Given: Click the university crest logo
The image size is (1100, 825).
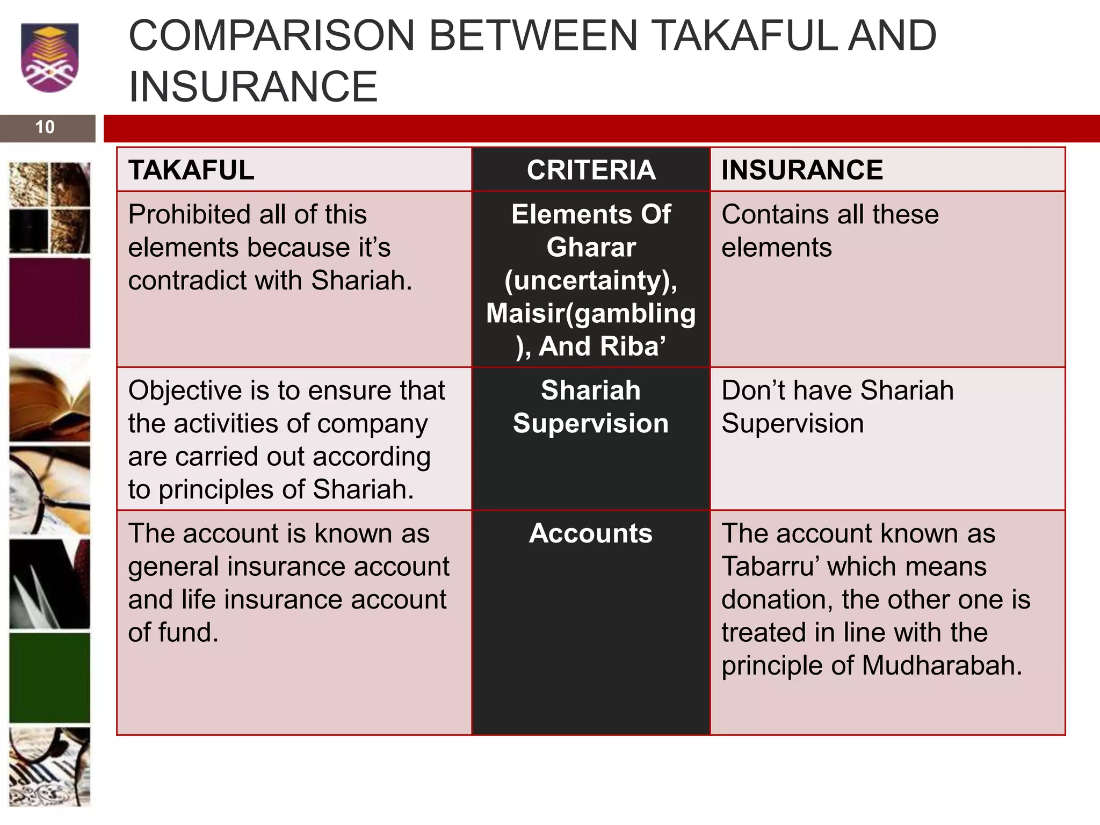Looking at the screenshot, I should point(49,57).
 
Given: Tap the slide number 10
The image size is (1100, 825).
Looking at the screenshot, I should point(45,127).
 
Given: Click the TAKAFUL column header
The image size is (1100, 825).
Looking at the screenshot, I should point(191,170).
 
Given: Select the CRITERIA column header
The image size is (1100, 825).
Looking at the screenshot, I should point(591,170).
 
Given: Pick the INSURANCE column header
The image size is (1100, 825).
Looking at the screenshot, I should point(802,170).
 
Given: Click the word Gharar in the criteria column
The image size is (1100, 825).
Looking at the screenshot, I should point(591,248).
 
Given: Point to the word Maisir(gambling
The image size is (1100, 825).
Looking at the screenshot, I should point(591,314).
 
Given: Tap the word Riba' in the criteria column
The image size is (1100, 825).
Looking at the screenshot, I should point(633,346).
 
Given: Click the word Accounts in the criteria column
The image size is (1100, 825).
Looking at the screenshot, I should point(591,534).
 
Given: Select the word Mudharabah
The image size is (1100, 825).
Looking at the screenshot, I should point(942,666).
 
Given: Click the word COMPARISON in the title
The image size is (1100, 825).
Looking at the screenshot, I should point(272,37).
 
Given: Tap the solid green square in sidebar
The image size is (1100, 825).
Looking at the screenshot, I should point(49,678).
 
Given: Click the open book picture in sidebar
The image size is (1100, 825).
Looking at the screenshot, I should point(49,399).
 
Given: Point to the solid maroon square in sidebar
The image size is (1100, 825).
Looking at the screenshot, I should point(49,303).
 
